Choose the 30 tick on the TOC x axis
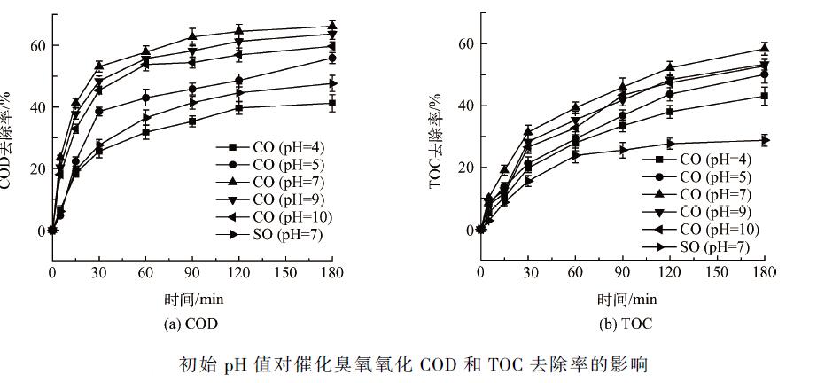[x=529, y=273]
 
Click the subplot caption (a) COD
[x=191, y=324]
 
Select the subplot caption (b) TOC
[x=626, y=324]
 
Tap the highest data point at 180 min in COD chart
[x=332, y=27]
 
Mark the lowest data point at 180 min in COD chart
[x=332, y=104]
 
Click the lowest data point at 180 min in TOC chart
[x=765, y=140]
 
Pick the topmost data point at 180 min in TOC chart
[x=765, y=49]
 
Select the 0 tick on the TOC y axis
[x=467, y=230]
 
